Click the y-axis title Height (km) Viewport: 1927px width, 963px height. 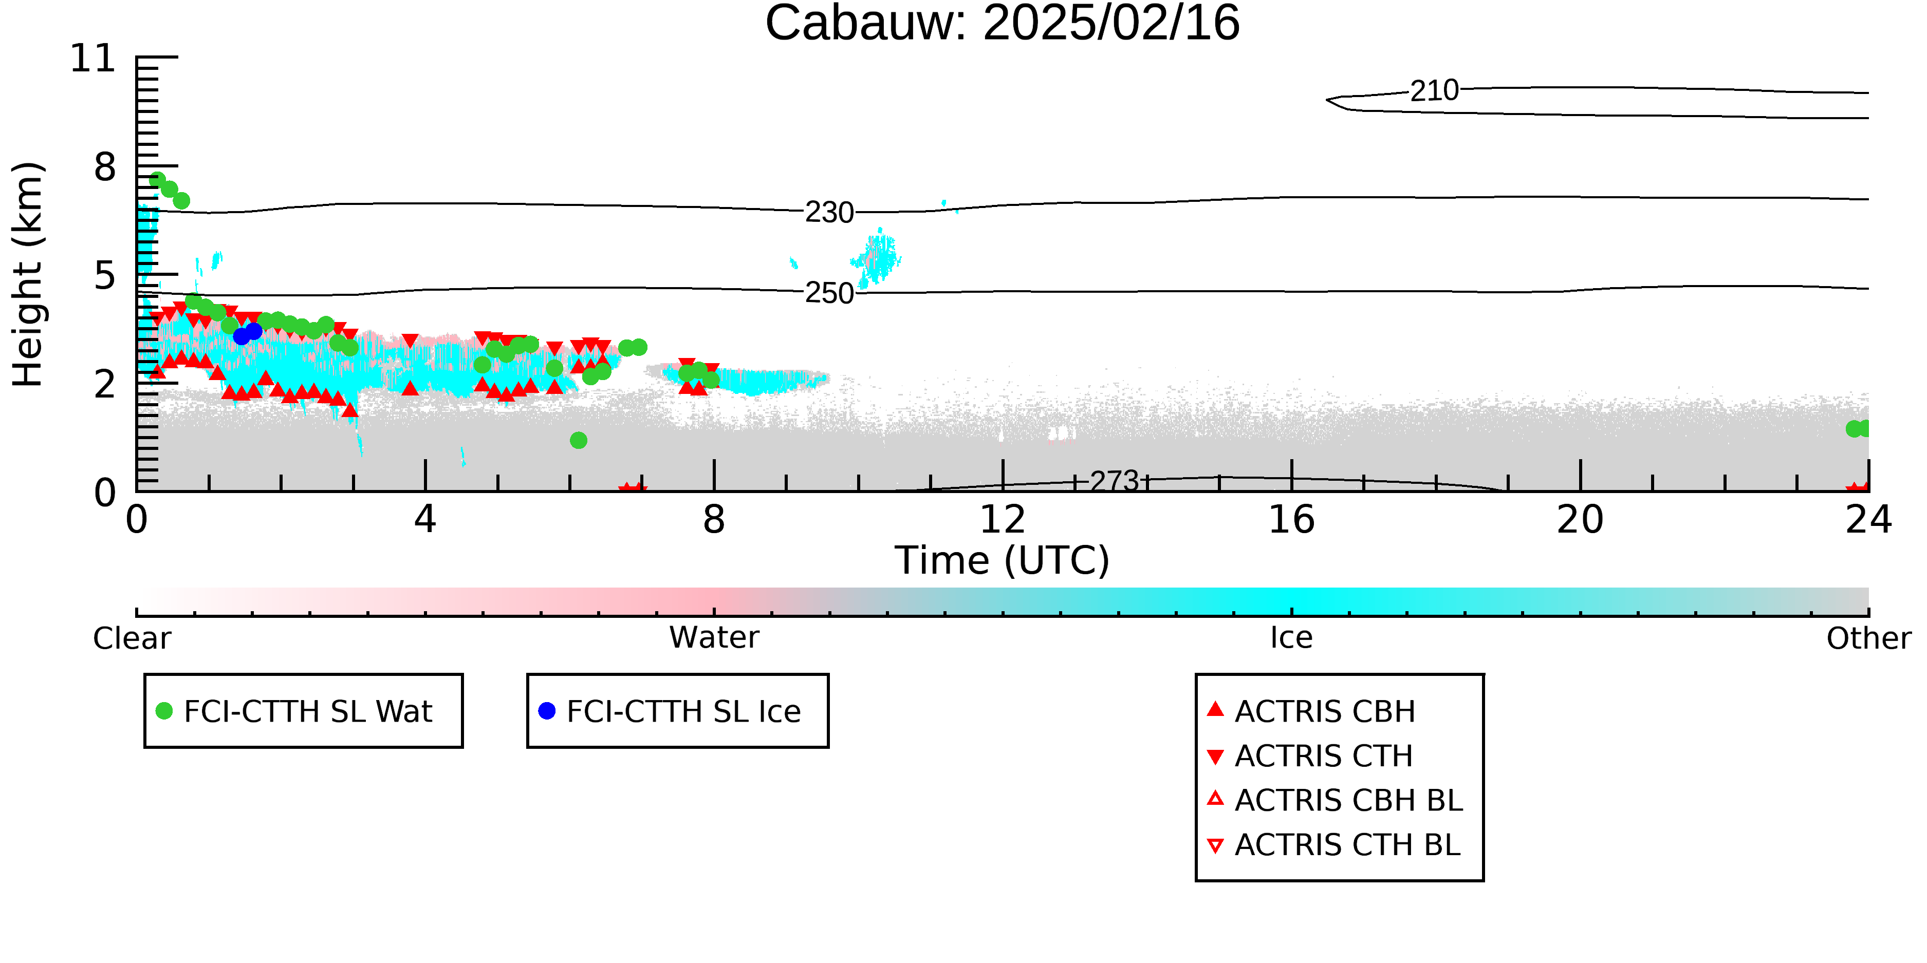pos(28,274)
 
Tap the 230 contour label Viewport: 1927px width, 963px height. pos(829,213)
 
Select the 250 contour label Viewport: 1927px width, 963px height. pos(829,293)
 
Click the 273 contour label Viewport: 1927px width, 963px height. pos(1114,481)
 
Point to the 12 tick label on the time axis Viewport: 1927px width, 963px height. pos(1003,520)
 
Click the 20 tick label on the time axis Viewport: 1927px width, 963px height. pos(1580,520)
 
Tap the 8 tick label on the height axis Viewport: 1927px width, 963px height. pos(105,167)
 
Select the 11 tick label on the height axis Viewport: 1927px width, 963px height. pos(93,59)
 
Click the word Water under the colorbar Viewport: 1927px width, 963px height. pos(714,638)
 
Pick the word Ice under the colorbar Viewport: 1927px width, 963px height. pos(1291,638)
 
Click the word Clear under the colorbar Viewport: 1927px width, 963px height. pos(132,638)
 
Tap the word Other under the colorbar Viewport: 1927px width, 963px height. pos(1868,638)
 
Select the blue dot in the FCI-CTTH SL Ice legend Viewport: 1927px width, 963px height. pos(547,711)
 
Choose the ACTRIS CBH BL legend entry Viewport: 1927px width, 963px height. pos(1336,800)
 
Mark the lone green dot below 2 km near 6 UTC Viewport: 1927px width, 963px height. pos(578,440)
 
